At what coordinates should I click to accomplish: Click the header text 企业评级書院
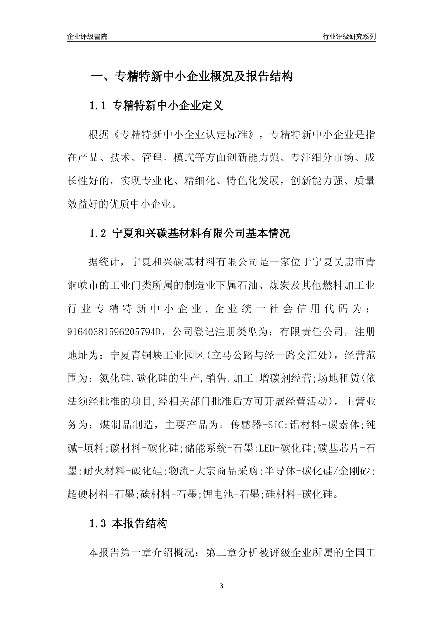click(87, 36)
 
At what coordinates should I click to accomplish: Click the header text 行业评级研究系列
click(349, 36)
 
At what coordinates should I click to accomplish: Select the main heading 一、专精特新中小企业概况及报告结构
click(191, 77)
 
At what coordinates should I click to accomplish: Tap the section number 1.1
click(98, 106)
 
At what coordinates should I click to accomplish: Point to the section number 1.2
click(98, 233)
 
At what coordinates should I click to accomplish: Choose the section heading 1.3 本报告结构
click(128, 524)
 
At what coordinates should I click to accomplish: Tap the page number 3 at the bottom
click(221, 586)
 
